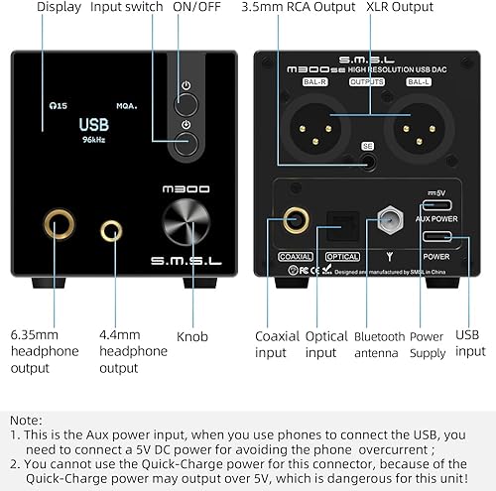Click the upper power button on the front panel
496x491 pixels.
click(x=186, y=101)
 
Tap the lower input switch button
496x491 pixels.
click(x=186, y=141)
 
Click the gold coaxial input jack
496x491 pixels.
click(x=294, y=219)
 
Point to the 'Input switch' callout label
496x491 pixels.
click(x=127, y=7)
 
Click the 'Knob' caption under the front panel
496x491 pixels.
click(x=191, y=337)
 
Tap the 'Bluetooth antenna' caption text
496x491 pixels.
click(x=380, y=345)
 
